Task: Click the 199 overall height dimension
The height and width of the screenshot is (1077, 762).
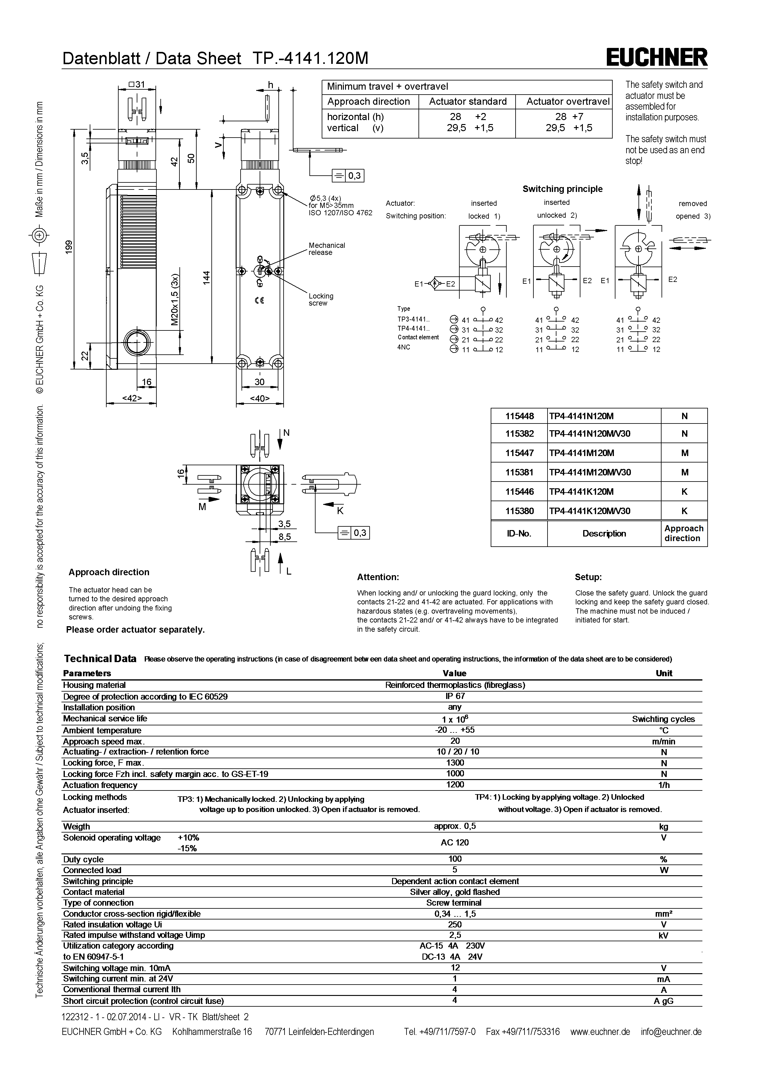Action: pos(69,247)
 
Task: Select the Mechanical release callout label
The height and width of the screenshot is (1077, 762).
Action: pos(327,249)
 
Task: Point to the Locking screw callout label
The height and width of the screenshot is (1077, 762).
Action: pos(321,299)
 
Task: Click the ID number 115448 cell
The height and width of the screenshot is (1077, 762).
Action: pos(519,416)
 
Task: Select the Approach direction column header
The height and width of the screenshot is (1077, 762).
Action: pos(684,533)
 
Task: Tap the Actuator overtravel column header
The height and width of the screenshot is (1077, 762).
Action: pos(568,101)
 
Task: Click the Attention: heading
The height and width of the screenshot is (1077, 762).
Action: pos(378,577)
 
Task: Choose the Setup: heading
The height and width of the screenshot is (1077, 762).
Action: pos(588,577)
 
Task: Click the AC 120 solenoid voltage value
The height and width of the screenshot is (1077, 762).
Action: pos(454,842)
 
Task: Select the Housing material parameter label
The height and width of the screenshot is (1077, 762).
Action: pos(94,685)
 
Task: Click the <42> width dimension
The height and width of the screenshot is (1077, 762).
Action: pos(132,398)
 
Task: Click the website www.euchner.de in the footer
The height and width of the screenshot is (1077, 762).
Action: pos(600,1032)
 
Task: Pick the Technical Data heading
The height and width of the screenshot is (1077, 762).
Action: pos(100,659)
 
